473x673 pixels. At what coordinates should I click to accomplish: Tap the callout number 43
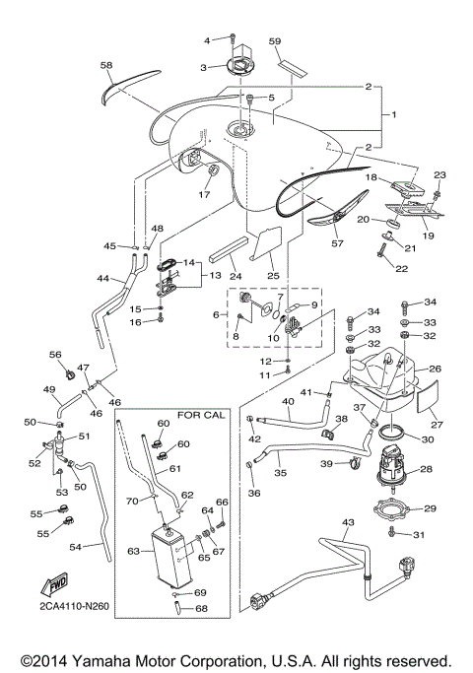click(x=346, y=521)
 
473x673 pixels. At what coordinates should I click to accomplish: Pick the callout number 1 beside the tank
click(x=394, y=115)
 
